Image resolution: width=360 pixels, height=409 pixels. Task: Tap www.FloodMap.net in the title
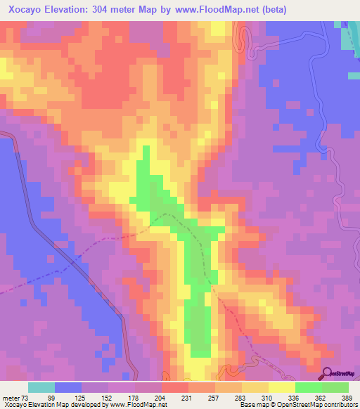[223, 9]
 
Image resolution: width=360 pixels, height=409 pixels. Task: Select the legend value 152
[108, 398]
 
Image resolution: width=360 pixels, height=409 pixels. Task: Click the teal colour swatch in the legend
[41, 387]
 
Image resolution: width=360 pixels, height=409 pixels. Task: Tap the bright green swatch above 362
[309, 387]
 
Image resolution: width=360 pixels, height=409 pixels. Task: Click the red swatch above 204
[175, 387]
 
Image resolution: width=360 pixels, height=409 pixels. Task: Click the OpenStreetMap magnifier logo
[327, 372]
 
